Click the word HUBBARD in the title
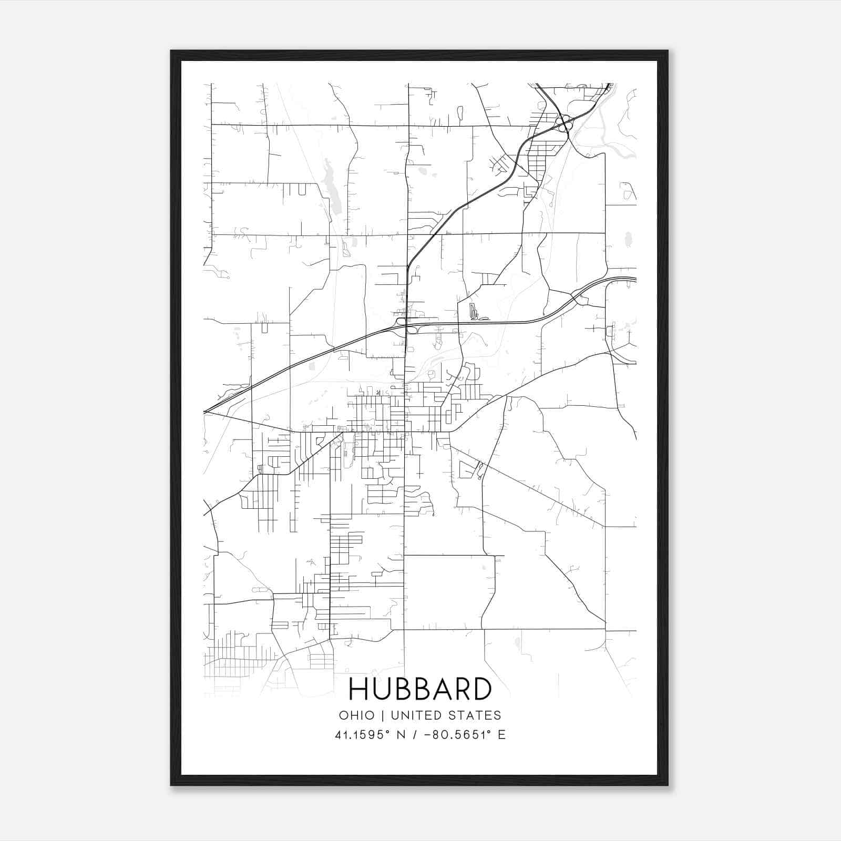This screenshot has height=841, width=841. [x=420, y=690]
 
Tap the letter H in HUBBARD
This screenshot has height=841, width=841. [x=358, y=690]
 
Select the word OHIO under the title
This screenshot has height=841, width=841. [x=357, y=715]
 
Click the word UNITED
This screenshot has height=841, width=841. [x=415, y=715]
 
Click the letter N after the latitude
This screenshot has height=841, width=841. [x=401, y=735]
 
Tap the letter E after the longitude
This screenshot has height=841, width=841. [x=501, y=735]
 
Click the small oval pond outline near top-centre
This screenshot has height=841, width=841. [x=460, y=113]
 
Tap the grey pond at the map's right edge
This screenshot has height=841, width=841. [x=627, y=240]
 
